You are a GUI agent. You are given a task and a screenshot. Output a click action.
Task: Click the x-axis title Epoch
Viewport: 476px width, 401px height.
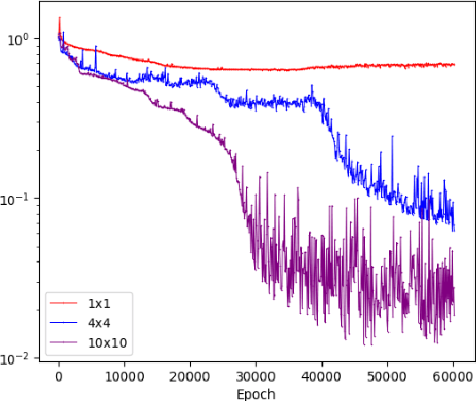click(x=256, y=394)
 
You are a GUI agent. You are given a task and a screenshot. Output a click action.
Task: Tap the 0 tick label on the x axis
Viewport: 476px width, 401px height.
click(x=59, y=377)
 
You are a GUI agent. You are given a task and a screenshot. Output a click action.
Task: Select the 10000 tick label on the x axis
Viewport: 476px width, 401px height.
click(x=124, y=377)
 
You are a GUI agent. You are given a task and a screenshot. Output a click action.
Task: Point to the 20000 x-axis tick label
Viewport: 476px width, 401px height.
click(x=190, y=377)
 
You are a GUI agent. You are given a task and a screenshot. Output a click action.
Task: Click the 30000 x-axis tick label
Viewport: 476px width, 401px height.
click(x=256, y=377)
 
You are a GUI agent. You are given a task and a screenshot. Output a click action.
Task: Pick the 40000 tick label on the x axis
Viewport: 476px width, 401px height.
click(x=321, y=377)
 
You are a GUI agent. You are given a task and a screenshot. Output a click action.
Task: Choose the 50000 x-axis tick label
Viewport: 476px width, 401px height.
click(x=387, y=377)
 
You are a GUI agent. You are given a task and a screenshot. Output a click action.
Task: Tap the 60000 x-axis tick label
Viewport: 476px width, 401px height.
click(x=453, y=377)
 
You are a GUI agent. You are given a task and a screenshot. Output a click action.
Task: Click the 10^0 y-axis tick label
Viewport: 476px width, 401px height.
click(x=19, y=39)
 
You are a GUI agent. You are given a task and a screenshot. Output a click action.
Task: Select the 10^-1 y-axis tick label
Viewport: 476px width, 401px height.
click(x=17, y=199)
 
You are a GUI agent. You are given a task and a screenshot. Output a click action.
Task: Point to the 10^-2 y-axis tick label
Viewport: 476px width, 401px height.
click(x=17, y=358)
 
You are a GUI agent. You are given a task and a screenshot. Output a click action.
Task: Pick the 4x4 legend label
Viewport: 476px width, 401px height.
click(x=99, y=323)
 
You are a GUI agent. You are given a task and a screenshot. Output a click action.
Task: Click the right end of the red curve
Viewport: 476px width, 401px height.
click(x=454, y=64)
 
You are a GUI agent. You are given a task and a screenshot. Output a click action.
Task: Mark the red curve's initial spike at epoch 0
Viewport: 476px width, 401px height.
click(x=59, y=18)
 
